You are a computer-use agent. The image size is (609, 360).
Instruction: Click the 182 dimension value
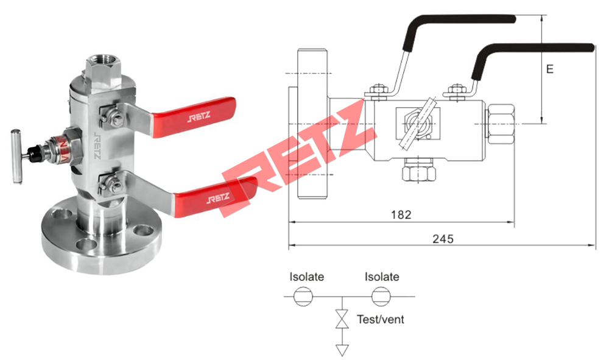pos(401,214)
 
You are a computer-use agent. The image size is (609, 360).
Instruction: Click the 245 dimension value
pos(443,239)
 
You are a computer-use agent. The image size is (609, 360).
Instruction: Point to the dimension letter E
pos(549,69)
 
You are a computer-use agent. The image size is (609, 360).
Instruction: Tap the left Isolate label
pos(307,277)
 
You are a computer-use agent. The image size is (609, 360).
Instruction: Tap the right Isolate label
pos(382,277)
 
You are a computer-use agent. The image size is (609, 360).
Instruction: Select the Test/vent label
pos(380,319)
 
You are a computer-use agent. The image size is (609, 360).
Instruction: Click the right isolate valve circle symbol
pos(381,297)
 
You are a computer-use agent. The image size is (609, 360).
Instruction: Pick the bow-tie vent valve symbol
pos(343,319)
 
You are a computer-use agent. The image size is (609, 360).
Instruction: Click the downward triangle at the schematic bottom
pos(343,350)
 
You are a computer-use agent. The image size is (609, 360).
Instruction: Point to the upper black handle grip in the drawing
pos(463,19)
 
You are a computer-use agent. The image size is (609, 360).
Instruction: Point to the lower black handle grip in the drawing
pos(536,48)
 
